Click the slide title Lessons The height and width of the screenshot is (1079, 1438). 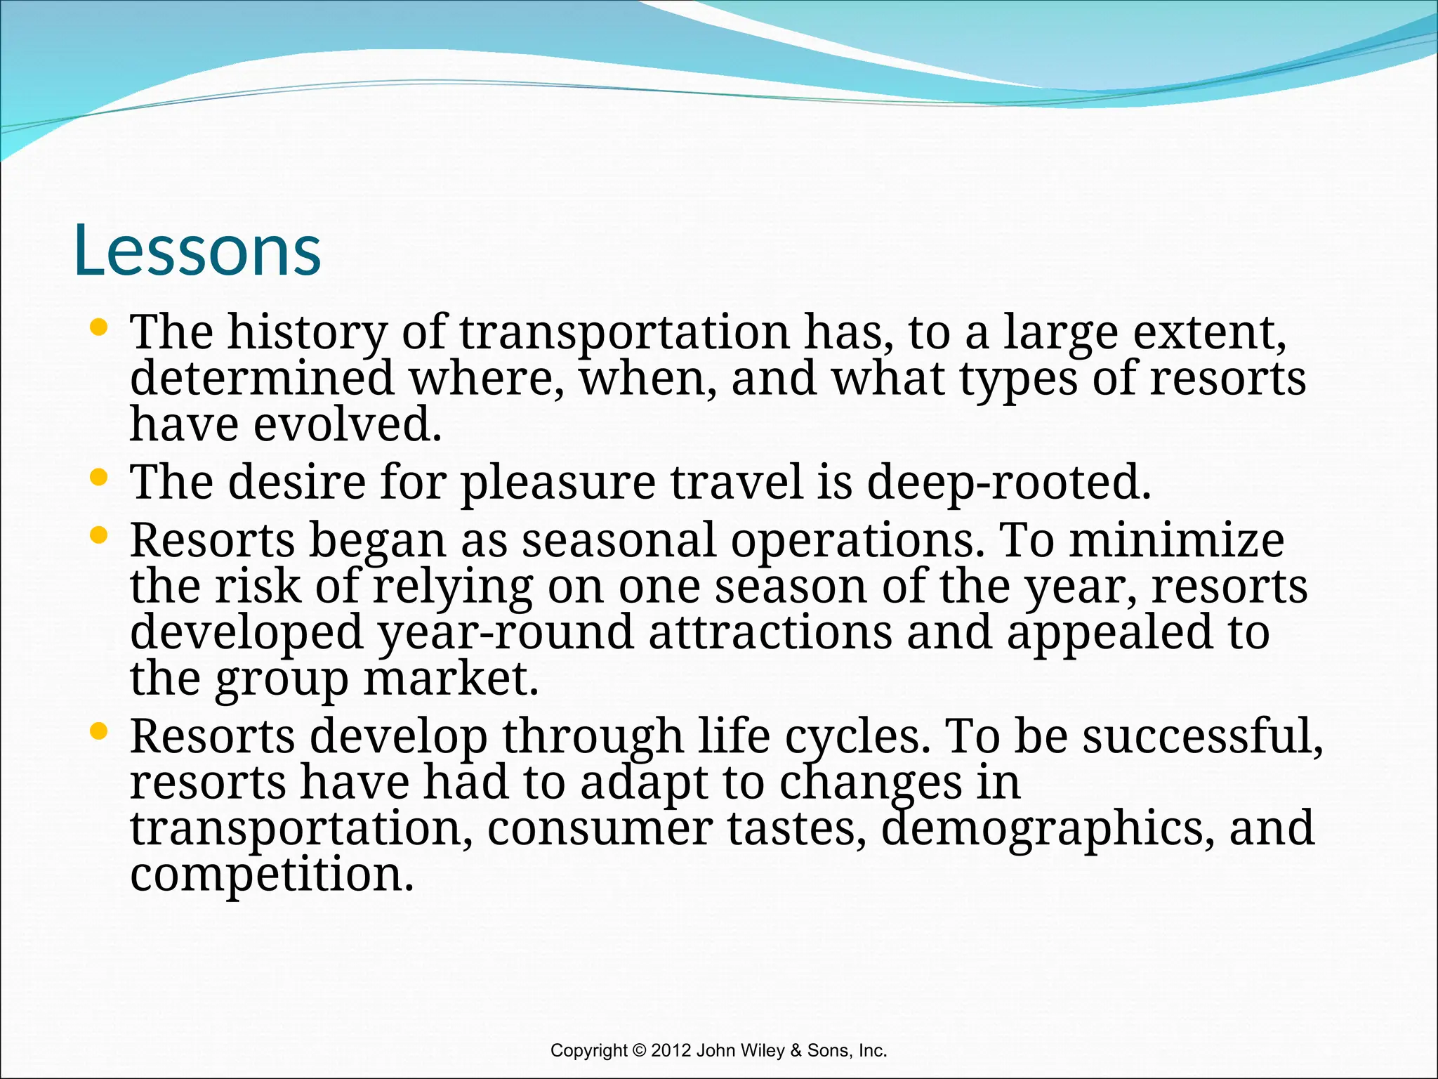coord(197,251)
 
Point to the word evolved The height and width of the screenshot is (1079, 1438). coord(347,425)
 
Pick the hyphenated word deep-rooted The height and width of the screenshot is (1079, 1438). coord(1008,483)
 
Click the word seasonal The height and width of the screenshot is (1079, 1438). coord(619,540)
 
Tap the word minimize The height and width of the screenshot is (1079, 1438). coord(1176,540)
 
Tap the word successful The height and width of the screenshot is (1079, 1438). coord(1202,737)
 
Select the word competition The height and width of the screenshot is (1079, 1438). coord(272,875)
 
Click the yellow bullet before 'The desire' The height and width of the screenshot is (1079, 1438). coord(99,478)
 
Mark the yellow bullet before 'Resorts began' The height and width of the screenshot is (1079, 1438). coord(99,536)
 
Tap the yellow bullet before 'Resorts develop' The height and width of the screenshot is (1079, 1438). coord(99,732)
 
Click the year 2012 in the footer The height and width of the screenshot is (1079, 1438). coord(671,1050)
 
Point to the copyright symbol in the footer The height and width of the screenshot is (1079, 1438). coord(639,1050)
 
